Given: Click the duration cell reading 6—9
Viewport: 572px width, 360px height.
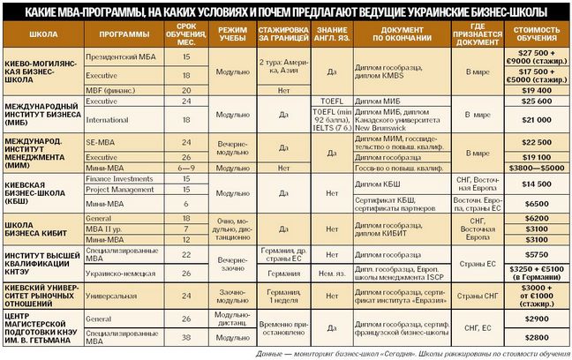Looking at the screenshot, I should (x=186, y=166).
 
